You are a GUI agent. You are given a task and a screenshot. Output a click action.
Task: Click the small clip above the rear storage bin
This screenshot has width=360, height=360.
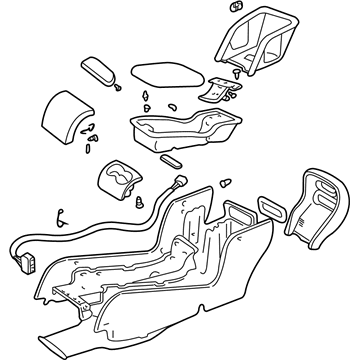click(x=236, y=11)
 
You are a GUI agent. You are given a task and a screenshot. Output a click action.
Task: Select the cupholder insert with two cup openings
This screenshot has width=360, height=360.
click(x=119, y=180)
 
